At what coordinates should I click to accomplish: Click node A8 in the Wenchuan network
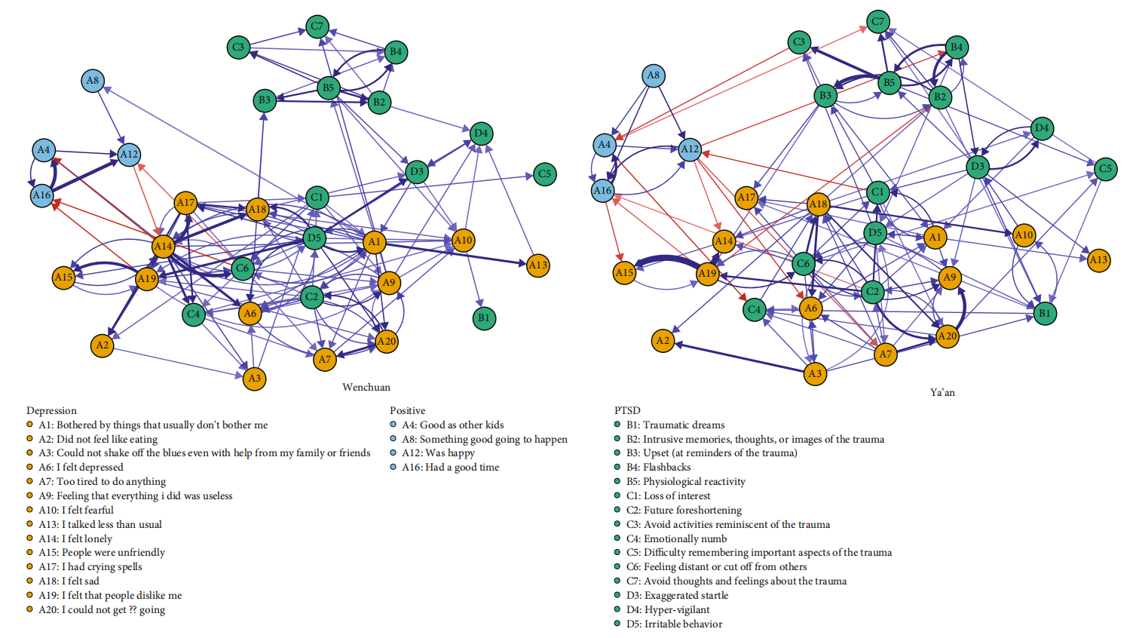pyautogui.click(x=92, y=81)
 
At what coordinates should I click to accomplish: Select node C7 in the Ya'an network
pyautogui.click(x=877, y=22)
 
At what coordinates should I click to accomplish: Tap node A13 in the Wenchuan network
pyautogui.click(x=537, y=265)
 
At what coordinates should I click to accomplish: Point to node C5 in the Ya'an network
pyautogui.click(x=1105, y=169)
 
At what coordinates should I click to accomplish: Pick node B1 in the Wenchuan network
pyautogui.click(x=484, y=318)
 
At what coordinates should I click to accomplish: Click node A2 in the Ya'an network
pyautogui.click(x=663, y=341)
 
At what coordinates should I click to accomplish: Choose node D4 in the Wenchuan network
pyautogui.click(x=481, y=134)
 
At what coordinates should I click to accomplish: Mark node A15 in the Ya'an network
pyautogui.click(x=624, y=273)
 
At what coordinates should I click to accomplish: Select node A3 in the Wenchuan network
pyautogui.click(x=255, y=379)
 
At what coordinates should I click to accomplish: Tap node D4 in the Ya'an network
pyautogui.click(x=1042, y=128)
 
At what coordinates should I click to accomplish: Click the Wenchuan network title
pyautogui.click(x=366, y=388)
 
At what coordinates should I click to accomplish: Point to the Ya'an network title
pyautogui.click(x=942, y=393)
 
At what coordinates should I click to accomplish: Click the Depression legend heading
pyautogui.click(x=51, y=411)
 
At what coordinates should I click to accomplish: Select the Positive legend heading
pyautogui.click(x=407, y=411)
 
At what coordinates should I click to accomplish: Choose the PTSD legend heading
pyautogui.click(x=627, y=411)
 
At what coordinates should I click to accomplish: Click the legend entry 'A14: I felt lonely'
pyautogui.click(x=75, y=539)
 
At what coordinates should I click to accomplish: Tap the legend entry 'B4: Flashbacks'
pyautogui.click(x=659, y=468)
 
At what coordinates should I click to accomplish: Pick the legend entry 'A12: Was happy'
pyautogui.click(x=438, y=453)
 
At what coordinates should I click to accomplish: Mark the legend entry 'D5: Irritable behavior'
pyautogui.click(x=674, y=624)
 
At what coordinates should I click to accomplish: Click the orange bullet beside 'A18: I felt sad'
pyautogui.click(x=30, y=581)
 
